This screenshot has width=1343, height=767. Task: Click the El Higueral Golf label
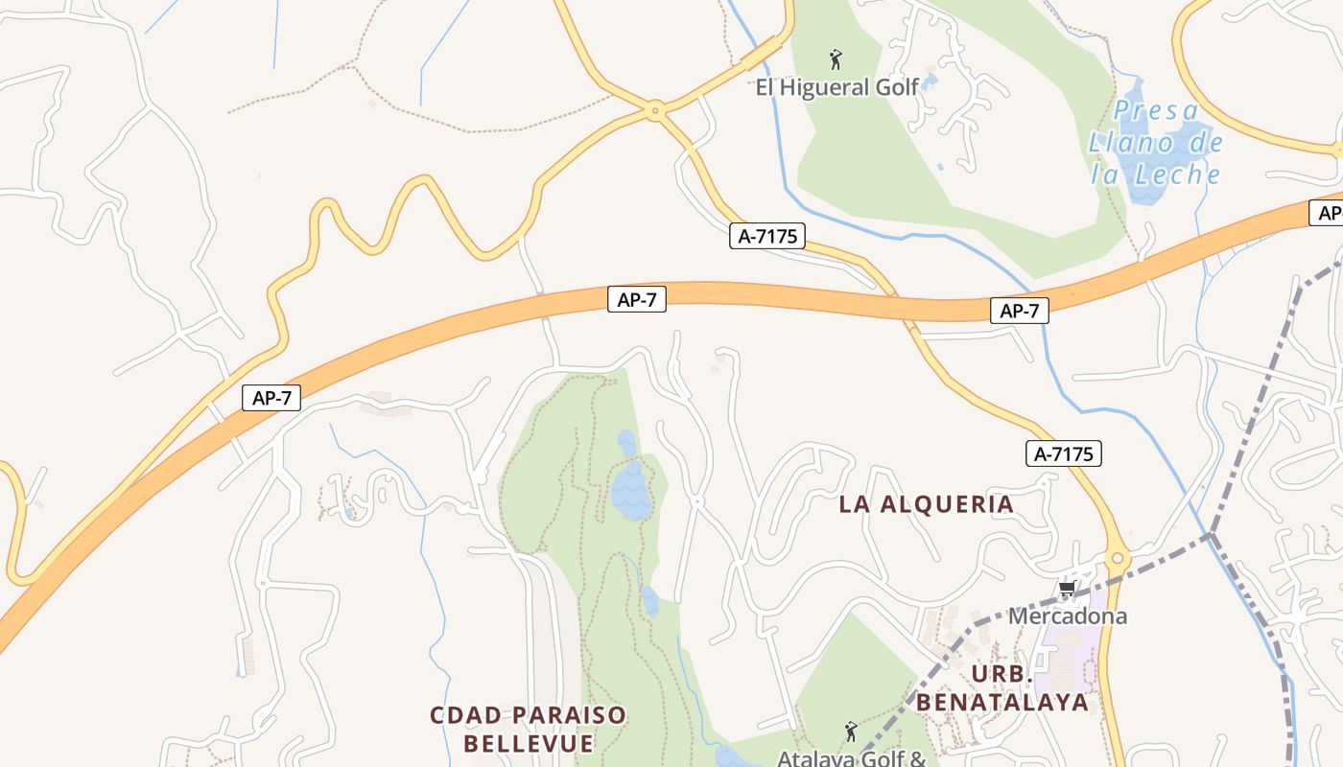(837, 88)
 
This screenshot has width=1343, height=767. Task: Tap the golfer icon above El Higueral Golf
(836, 60)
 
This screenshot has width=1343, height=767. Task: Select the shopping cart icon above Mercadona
(1066, 589)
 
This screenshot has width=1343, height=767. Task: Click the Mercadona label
(1067, 616)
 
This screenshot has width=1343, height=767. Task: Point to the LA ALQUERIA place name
(926, 504)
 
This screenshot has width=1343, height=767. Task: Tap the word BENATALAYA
(1002, 702)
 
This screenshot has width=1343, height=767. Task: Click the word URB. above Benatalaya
(1002, 673)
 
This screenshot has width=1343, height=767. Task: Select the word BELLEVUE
(529, 743)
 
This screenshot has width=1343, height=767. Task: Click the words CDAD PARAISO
(528, 715)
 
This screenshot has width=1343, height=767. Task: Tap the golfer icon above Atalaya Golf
(850, 732)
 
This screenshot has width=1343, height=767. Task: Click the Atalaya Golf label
(851, 757)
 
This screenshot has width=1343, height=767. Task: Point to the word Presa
(1156, 111)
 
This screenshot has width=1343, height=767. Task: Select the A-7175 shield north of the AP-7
(766, 236)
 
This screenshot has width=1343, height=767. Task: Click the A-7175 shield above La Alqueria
(1063, 453)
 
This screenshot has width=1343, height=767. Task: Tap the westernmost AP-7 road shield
(271, 398)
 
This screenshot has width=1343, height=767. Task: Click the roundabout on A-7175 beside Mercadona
(1118, 559)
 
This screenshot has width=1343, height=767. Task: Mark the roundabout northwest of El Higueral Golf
(656, 111)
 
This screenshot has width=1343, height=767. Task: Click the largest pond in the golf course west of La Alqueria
(632, 489)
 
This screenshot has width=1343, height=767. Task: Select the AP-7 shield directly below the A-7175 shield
(637, 299)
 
